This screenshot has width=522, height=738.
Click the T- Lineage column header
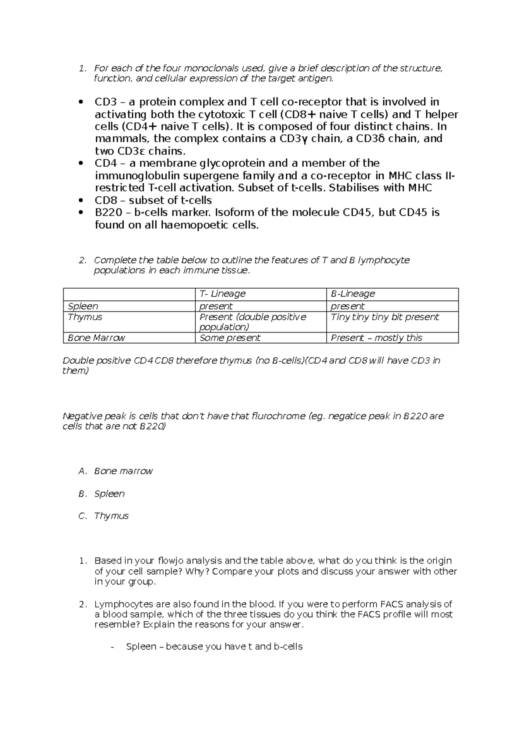tap(222, 294)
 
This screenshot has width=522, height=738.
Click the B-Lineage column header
tap(353, 294)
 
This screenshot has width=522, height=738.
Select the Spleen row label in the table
tap(83, 306)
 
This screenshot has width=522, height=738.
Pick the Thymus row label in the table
tap(85, 317)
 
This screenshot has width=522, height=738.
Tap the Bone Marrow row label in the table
tap(97, 338)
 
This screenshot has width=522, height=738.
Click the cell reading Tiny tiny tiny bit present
tap(385, 317)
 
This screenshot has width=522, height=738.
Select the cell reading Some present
tap(230, 338)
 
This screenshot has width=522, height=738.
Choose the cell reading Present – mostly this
tap(376, 338)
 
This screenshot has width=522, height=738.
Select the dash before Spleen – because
tap(113, 647)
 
